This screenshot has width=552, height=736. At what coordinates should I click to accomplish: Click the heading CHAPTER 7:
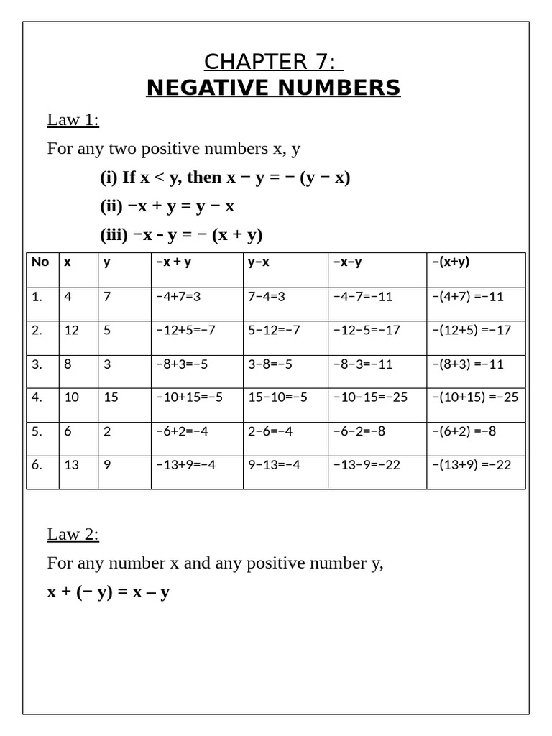point(273,62)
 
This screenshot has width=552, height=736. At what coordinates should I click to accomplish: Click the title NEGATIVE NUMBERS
point(273,88)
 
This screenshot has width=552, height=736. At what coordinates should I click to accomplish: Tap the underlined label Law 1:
point(73,119)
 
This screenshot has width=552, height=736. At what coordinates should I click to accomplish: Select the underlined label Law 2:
point(73,534)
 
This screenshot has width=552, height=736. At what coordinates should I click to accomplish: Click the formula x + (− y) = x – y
point(108,592)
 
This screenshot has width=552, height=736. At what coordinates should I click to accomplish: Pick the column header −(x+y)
point(451,262)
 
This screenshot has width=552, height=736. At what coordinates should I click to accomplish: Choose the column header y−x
point(259,262)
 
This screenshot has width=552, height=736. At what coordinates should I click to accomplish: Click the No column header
point(40,262)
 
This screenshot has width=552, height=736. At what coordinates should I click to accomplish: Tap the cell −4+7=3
point(178,296)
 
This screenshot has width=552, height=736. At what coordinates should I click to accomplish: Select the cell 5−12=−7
point(274,330)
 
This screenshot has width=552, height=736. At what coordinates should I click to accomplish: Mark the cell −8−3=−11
point(363,364)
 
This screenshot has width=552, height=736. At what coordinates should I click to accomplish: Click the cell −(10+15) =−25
point(474,397)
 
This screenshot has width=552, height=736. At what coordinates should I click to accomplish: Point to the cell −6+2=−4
point(182,431)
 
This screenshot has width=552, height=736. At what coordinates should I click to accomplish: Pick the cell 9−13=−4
point(274,464)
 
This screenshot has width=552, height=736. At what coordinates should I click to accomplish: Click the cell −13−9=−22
point(367,464)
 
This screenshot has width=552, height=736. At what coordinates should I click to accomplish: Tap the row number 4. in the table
point(37,397)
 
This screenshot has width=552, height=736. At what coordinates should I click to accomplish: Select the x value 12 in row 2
point(72,330)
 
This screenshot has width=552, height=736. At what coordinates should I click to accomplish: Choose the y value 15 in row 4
point(111,397)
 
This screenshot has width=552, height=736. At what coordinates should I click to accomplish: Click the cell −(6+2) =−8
point(464,431)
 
